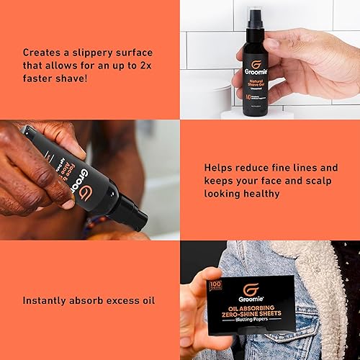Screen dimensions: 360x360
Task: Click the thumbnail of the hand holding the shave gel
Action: click(269, 59)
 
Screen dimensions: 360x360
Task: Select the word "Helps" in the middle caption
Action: click(221, 167)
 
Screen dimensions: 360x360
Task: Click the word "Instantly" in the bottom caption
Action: click(48, 300)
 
